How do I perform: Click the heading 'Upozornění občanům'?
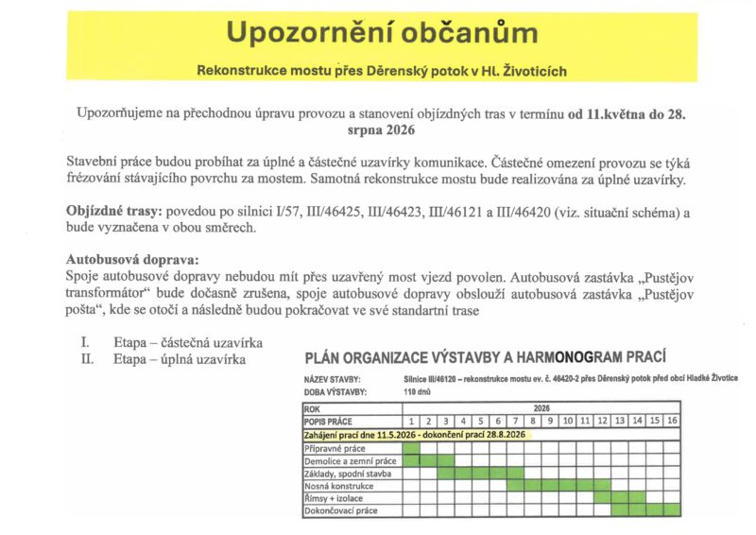pos(382,33)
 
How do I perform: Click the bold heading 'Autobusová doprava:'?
pos(133,259)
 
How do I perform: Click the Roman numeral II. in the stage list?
pos(87,359)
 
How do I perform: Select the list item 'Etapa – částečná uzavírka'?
pos(187,342)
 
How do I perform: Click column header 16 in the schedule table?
pos(671,421)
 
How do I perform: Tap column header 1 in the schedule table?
pos(411,421)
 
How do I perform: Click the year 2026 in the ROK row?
pos(541,407)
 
